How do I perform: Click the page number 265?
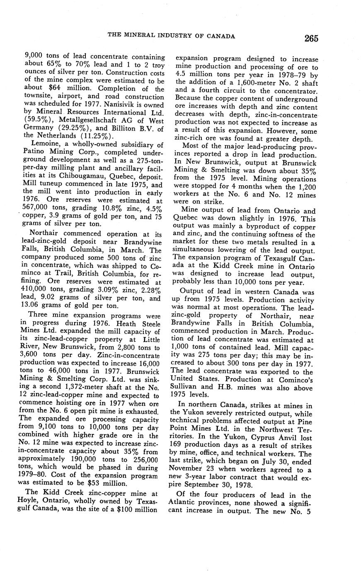point(311,39)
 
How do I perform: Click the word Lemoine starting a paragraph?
point(39,144)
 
